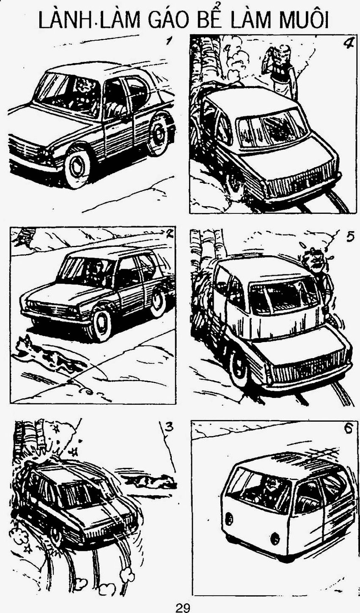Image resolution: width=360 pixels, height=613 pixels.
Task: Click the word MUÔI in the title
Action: [x=299, y=20]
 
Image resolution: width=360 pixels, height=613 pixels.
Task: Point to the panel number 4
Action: [x=347, y=44]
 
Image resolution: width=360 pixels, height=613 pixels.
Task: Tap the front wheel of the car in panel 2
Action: [x=101, y=326]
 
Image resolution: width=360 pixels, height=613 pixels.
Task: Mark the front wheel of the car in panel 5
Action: [x=239, y=368]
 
